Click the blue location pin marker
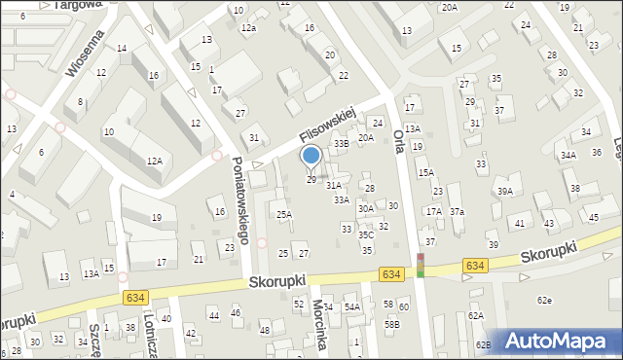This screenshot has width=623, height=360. [x=311, y=157]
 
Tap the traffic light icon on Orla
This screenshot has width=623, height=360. [x=421, y=265]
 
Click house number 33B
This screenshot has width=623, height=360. [x=341, y=144]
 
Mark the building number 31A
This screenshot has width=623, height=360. [x=334, y=185]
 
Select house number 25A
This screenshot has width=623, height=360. [x=283, y=214]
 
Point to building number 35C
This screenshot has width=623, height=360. [x=366, y=234]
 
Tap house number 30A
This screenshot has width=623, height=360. [x=366, y=208]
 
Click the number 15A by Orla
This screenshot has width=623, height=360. [x=425, y=172]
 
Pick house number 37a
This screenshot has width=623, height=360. [x=456, y=212]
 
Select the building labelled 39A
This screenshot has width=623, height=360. [x=504, y=192]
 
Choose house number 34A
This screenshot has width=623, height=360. [x=568, y=155]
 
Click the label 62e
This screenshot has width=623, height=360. [x=544, y=300]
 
